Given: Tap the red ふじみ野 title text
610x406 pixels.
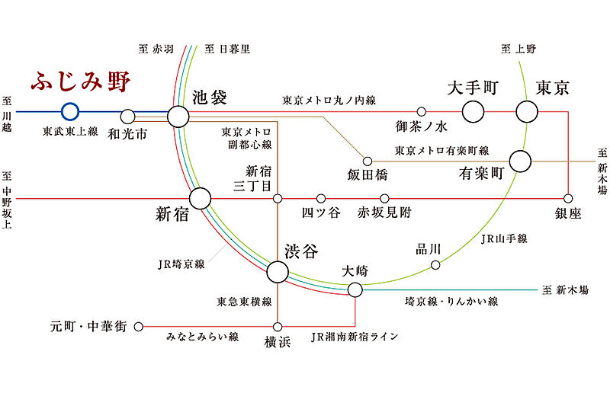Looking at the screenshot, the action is pyautogui.click(x=81, y=82).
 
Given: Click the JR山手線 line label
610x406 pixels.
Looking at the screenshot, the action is pyautogui.click(x=504, y=238).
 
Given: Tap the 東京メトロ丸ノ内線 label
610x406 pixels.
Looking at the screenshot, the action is pyautogui.click(x=329, y=101).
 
